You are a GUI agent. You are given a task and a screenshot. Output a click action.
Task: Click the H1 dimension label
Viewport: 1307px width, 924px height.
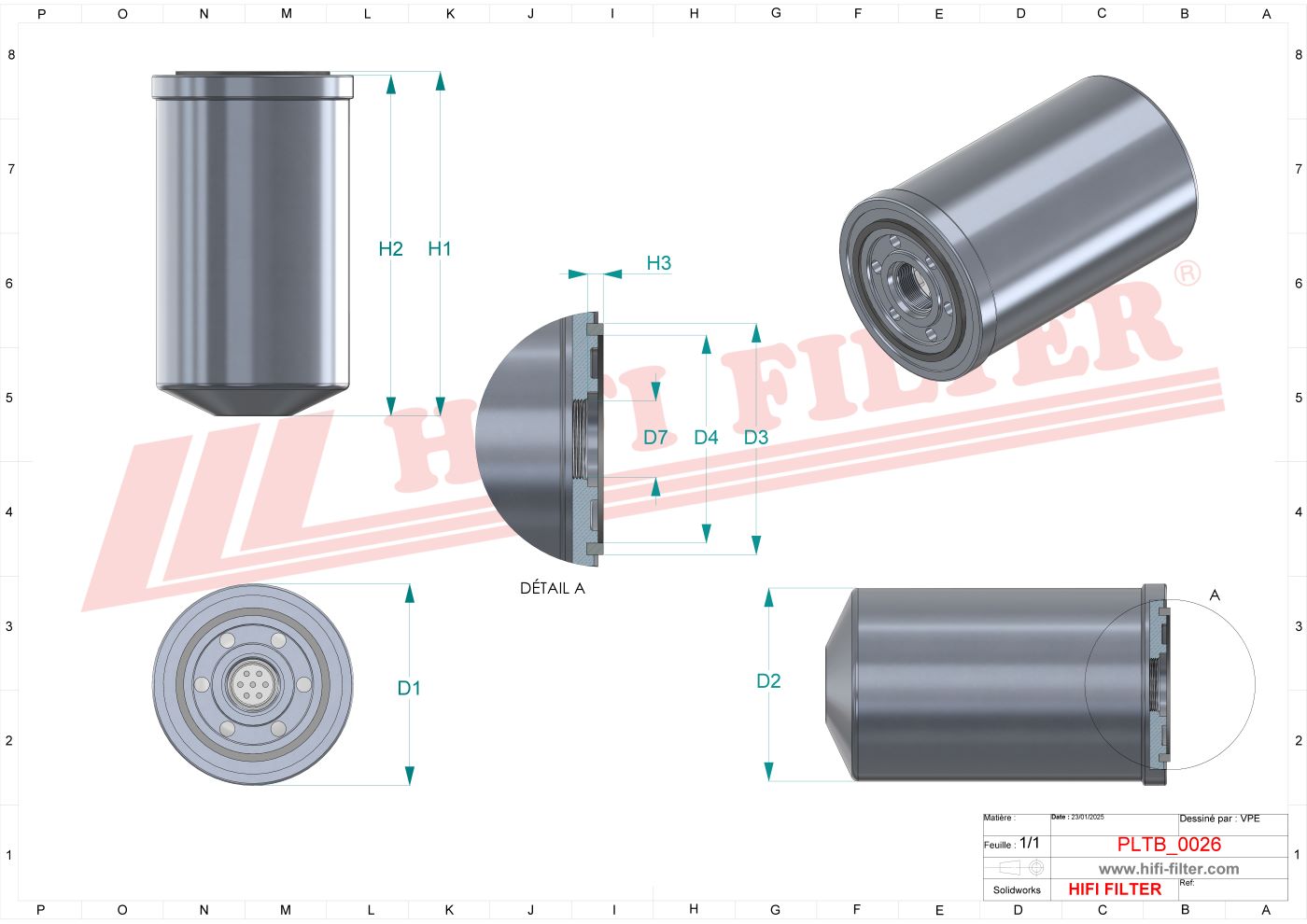(439, 248)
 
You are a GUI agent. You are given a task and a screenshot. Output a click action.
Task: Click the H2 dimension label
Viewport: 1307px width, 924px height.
(390, 248)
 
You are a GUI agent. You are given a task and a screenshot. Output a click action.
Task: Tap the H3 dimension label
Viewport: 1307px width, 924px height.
(658, 263)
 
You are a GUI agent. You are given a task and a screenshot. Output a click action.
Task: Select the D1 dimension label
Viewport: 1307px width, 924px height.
(409, 688)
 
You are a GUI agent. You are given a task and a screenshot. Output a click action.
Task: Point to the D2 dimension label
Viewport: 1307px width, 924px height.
(768, 681)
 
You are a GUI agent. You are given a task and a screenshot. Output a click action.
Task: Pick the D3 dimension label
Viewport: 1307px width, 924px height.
(755, 437)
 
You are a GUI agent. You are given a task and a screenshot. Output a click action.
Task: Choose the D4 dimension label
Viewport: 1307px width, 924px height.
(706, 437)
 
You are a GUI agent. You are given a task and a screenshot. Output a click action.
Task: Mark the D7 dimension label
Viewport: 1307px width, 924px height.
(655, 437)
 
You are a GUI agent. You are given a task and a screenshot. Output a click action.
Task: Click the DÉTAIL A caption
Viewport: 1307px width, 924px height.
(552, 588)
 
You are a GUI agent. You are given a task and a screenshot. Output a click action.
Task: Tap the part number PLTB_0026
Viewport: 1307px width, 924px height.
(1169, 844)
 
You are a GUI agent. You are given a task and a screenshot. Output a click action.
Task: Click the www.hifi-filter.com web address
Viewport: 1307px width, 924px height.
(1169, 868)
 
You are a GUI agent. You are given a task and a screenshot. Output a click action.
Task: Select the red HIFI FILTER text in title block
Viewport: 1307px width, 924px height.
(1115, 889)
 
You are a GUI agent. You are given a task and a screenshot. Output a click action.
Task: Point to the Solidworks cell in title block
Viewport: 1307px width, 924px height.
(1017, 889)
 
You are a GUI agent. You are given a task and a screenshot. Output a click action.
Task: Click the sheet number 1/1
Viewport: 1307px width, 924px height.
(1029, 843)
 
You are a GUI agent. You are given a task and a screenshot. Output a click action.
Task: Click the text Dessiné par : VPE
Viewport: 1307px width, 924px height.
(1219, 819)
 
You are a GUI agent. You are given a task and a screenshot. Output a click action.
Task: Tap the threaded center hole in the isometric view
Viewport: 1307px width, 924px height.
(906, 277)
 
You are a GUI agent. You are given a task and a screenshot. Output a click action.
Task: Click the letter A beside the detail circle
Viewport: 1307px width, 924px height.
(1215, 595)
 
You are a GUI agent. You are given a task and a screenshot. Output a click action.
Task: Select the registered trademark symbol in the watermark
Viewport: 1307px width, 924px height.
(1187, 273)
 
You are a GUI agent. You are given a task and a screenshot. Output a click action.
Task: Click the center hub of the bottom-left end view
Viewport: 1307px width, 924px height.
(253, 685)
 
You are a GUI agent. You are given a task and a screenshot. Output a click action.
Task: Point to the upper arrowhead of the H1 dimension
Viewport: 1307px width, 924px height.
(440, 81)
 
